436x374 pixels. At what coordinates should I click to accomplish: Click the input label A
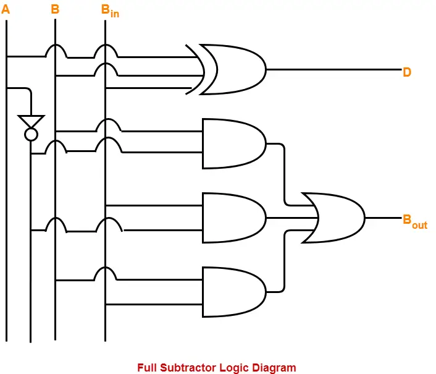click(6, 10)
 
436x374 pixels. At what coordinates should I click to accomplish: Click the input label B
click(55, 10)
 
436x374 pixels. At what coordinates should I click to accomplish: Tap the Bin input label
click(109, 11)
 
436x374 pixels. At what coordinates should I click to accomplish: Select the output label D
click(407, 72)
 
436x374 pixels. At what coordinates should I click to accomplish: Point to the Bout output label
click(414, 221)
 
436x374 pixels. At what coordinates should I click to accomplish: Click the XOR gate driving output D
click(233, 69)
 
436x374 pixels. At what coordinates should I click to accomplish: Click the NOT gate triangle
click(30, 121)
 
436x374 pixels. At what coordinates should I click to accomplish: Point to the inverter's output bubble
click(30, 134)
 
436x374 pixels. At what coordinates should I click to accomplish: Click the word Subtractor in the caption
click(188, 367)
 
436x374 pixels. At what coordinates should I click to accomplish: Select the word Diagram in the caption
click(274, 367)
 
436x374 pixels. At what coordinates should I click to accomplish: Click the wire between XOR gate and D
click(333, 69)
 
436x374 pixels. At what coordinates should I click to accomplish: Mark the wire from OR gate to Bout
click(383, 218)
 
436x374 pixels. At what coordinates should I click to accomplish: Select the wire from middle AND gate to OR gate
click(290, 218)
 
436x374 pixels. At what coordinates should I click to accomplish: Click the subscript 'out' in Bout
click(419, 225)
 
